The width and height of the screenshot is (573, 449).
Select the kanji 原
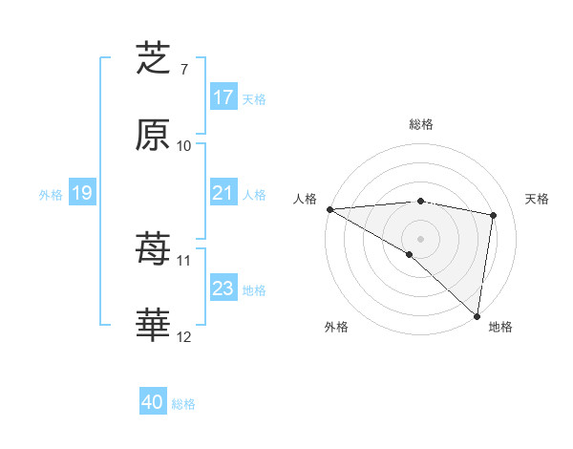(x=153, y=136)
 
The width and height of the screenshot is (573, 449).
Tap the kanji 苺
(x=153, y=249)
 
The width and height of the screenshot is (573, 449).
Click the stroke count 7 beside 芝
(x=184, y=69)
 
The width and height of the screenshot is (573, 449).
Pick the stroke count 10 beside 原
(x=184, y=146)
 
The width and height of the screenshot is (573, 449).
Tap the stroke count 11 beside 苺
(x=184, y=260)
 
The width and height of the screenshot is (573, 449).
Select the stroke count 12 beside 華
(x=184, y=337)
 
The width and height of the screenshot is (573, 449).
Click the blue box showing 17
(x=223, y=97)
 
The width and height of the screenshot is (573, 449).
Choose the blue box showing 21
(x=223, y=193)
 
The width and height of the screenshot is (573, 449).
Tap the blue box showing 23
(x=223, y=289)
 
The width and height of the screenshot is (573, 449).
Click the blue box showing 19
(x=82, y=193)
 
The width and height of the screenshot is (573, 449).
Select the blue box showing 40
(x=153, y=402)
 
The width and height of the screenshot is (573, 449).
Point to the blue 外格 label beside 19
(x=51, y=195)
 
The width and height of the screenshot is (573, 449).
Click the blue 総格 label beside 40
(x=183, y=404)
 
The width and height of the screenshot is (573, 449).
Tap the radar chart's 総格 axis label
(x=420, y=124)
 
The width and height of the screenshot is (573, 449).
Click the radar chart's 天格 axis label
(x=538, y=199)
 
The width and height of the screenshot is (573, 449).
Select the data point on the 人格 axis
(x=329, y=209)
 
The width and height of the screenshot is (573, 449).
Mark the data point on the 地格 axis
(x=477, y=316)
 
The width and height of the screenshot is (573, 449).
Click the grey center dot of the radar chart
(x=420, y=238)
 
